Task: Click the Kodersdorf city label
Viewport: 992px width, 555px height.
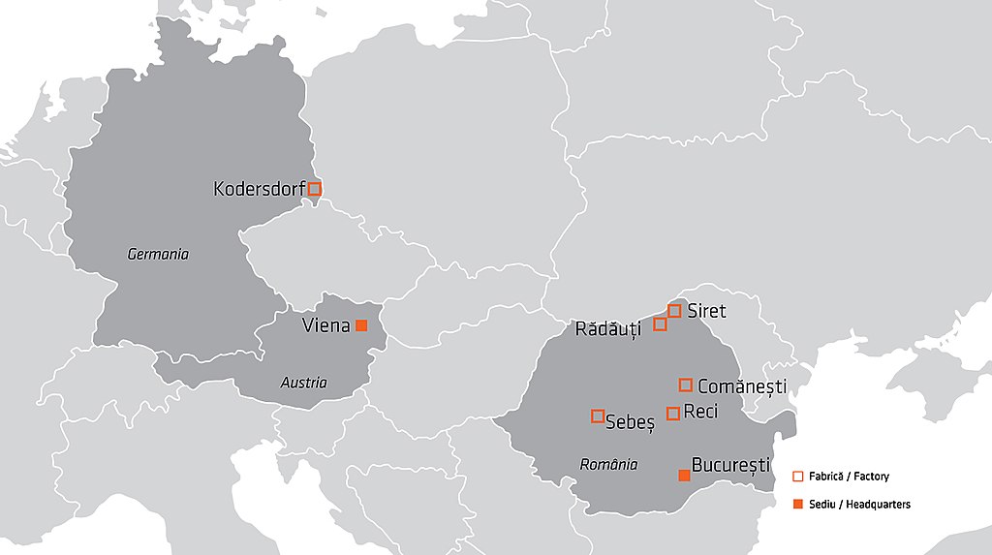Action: [259, 189]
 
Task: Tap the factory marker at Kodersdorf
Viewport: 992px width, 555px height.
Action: [314, 189]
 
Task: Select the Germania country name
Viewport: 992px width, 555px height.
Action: [158, 255]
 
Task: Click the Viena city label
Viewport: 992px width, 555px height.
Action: [325, 325]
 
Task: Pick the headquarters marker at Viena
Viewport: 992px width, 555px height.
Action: [361, 325]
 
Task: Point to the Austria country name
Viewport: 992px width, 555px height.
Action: [303, 383]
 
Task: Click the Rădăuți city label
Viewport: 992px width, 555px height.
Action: [608, 330]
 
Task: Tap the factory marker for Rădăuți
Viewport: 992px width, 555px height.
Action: [660, 324]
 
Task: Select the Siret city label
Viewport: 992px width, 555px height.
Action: [706, 311]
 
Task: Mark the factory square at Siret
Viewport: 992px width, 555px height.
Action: [674, 311]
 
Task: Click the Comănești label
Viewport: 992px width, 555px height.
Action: [741, 386]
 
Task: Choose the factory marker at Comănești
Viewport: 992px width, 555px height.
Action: [686, 385]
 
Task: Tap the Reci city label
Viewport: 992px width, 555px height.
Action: [700, 412]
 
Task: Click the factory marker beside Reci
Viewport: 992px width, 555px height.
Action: [673, 414]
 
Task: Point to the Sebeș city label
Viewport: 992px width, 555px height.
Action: [630, 420]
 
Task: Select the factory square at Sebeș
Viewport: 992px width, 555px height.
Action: [598, 416]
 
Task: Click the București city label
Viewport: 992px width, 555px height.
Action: [730, 465]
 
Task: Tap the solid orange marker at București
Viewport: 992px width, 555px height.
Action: [684, 475]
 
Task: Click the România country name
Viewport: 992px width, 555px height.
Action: [608, 464]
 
